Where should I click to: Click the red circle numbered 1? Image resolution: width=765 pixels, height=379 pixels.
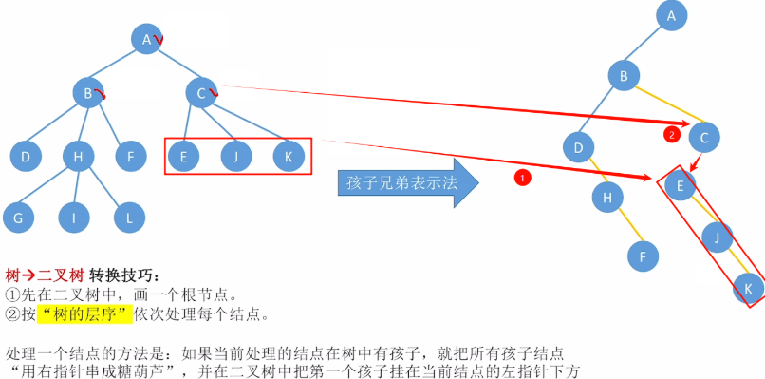[x=521, y=178]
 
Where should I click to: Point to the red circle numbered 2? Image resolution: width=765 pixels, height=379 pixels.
[x=672, y=135]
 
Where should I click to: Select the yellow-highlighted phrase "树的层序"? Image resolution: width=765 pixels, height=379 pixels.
[x=78, y=313]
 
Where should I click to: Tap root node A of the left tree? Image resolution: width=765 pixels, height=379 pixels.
[x=147, y=39]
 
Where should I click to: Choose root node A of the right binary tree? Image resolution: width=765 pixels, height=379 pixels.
[x=671, y=15]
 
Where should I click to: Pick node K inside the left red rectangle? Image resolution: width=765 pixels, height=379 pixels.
[x=288, y=155]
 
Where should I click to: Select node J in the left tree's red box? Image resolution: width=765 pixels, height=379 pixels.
[x=235, y=155]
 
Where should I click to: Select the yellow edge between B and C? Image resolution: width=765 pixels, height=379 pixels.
[x=664, y=105]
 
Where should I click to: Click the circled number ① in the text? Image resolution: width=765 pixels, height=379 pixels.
[x=11, y=294]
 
